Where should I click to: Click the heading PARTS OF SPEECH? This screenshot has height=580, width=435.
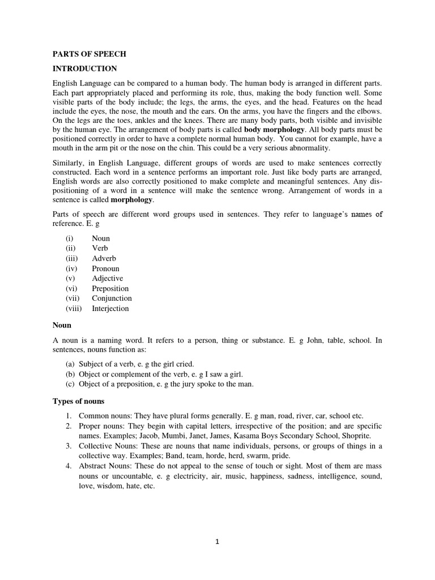(89, 54)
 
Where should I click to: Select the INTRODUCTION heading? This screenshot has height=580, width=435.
(84, 69)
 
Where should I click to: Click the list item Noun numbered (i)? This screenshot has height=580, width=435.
(101, 238)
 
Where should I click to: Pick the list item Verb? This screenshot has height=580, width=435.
(100, 248)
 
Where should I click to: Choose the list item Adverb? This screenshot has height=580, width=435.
(104, 258)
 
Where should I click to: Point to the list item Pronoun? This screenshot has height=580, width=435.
(105, 268)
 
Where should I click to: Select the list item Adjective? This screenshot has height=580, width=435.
(107, 278)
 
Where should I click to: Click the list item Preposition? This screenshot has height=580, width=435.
(110, 288)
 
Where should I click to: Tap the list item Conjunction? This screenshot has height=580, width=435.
(112, 298)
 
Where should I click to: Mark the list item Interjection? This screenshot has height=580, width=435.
(110, 309)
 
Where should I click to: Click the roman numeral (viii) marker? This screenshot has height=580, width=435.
(74, 309)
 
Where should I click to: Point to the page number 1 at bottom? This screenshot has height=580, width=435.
(217, 541)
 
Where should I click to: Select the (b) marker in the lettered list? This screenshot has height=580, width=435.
(70, 374)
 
